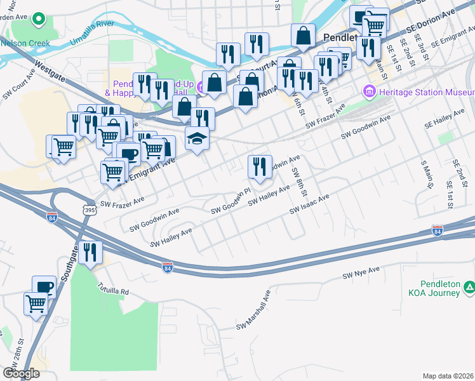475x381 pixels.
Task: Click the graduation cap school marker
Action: click(x=197, y=138)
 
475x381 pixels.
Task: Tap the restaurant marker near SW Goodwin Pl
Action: click(x=259, y=167)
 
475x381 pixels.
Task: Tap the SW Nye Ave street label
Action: click(x=361, y=272)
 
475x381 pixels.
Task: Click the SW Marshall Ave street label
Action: click(x=254, y=309)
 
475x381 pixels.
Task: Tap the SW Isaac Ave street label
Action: click(x=309, y=205)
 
